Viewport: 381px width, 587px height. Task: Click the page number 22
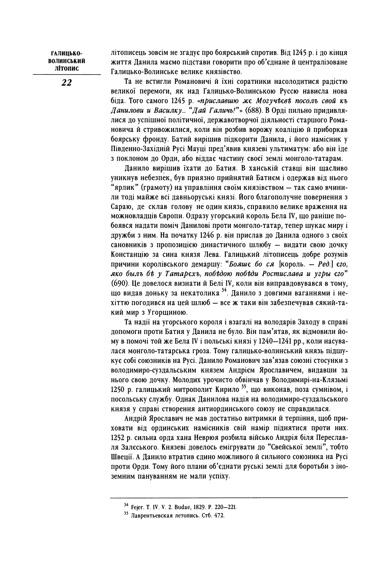(67, 83)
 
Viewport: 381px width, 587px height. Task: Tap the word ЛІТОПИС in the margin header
(67, 69)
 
